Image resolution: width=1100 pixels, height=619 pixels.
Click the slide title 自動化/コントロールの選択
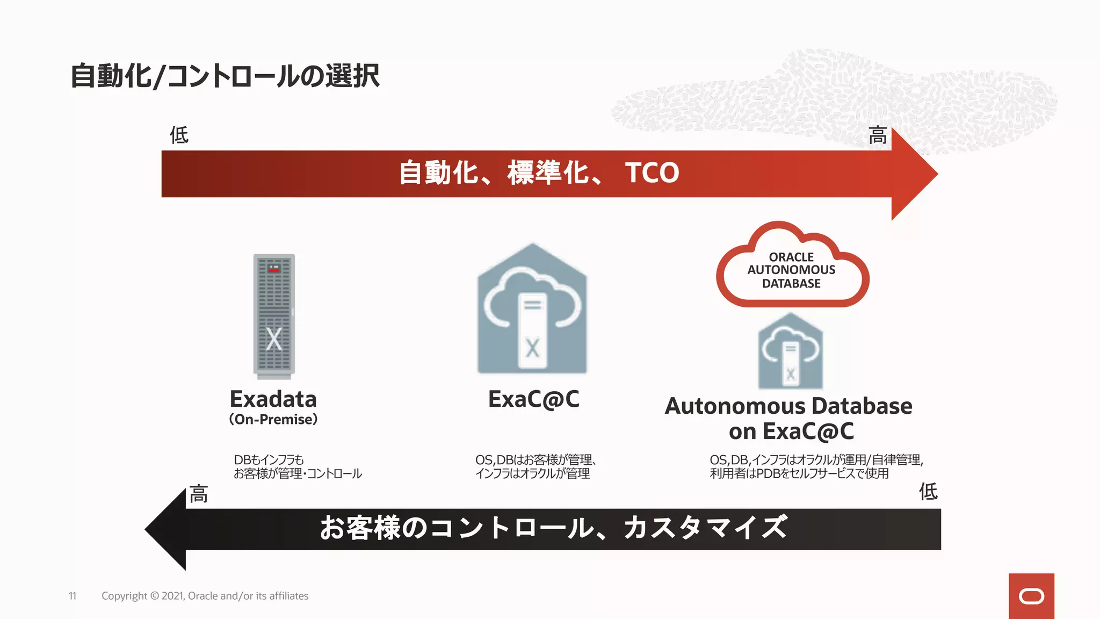point(225,76)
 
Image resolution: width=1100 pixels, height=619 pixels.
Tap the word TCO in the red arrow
point(652,173)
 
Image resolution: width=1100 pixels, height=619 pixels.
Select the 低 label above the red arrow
point(179,135)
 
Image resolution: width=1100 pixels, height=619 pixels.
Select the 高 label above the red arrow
point(878,135)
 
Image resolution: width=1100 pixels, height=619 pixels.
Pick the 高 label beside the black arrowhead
point(198,494)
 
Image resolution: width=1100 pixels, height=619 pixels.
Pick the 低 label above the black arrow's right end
point(928,491)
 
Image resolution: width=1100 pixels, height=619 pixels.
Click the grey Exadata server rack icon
point(274,315)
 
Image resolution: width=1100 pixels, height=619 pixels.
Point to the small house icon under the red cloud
point(790,352)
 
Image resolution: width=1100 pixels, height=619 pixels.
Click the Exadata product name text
point(273,399)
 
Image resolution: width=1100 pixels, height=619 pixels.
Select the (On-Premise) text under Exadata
point(273,419)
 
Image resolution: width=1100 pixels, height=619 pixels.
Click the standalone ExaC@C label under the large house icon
point(533,399)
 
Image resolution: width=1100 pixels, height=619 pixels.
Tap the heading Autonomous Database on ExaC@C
point(788,418)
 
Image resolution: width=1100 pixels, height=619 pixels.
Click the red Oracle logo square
point(1031,596)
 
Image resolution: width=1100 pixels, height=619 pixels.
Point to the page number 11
point(73,596)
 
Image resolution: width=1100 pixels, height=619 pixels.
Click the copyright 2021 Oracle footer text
point(205,596)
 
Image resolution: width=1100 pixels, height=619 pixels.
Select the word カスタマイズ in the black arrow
point(705,527)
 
